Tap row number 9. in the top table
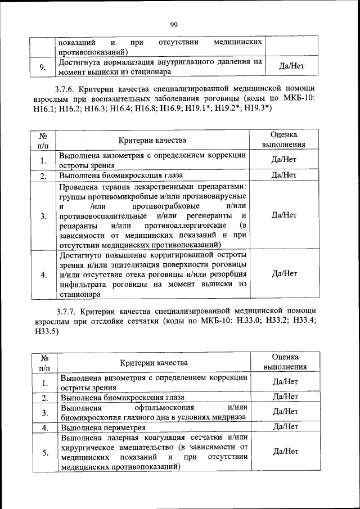[x=42, y=67]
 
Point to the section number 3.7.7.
[x=66, y=311]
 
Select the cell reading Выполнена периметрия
[x=105, y=427]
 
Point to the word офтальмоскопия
[x=164, y=407]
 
